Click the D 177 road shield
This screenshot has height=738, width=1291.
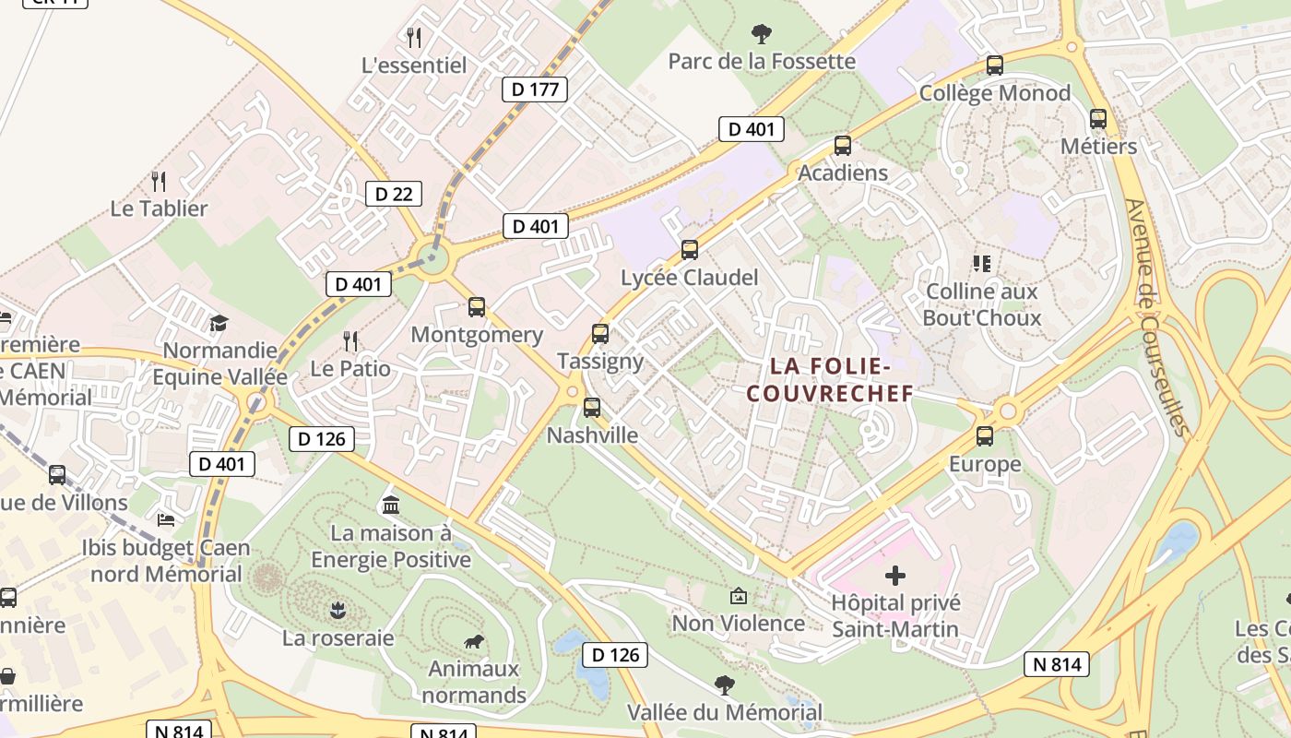pos(534,89)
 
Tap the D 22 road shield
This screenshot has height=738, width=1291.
pos(394,194)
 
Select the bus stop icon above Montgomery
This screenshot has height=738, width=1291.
pos(476,307)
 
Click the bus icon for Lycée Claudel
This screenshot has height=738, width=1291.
pos(689,250)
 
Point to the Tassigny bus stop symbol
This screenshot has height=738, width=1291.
pos(600,334)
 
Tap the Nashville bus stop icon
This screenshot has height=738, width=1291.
pos(592,407)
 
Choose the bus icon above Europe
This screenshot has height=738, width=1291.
pos(985,436)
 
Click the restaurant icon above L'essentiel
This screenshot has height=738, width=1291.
pos(414,38)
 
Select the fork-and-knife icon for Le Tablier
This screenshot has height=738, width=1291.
pos(159,181)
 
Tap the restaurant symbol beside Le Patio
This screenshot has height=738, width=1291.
pos(350,342)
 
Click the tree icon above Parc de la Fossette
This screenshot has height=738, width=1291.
pos(762,35)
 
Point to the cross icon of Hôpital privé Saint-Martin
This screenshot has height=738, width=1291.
pos(894,577)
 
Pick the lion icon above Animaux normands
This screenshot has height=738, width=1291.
pos(474,642)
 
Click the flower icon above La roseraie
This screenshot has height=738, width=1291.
pos(338,610)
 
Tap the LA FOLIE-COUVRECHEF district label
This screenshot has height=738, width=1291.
pos(830,380)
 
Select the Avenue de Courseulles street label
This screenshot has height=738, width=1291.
pos(1154,318)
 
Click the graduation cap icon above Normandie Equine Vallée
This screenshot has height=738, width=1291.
pos(219,323)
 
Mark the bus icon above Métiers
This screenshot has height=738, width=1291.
pos(1097,119)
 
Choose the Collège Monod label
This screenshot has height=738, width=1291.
pos(995,93)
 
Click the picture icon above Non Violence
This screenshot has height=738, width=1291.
pos(738,596)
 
